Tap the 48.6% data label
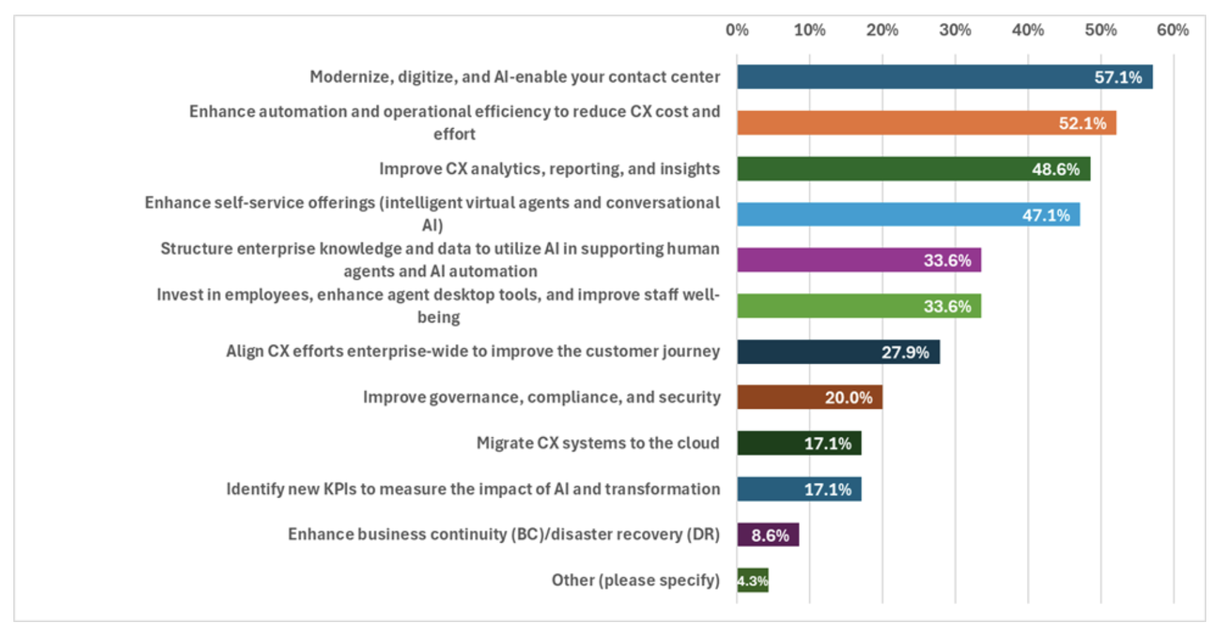coord(1055,169)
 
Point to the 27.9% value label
coord(905,352)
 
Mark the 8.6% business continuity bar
coord(767,534)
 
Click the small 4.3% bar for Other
coord(753,580)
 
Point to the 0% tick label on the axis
coord(737,30)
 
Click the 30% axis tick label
coord(955,30)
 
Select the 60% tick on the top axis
coord(1173,30)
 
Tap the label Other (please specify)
coord(636,580)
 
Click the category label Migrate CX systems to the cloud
coord(597,443)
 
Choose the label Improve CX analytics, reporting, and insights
coord(549,169)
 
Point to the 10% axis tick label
coord(810,30)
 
